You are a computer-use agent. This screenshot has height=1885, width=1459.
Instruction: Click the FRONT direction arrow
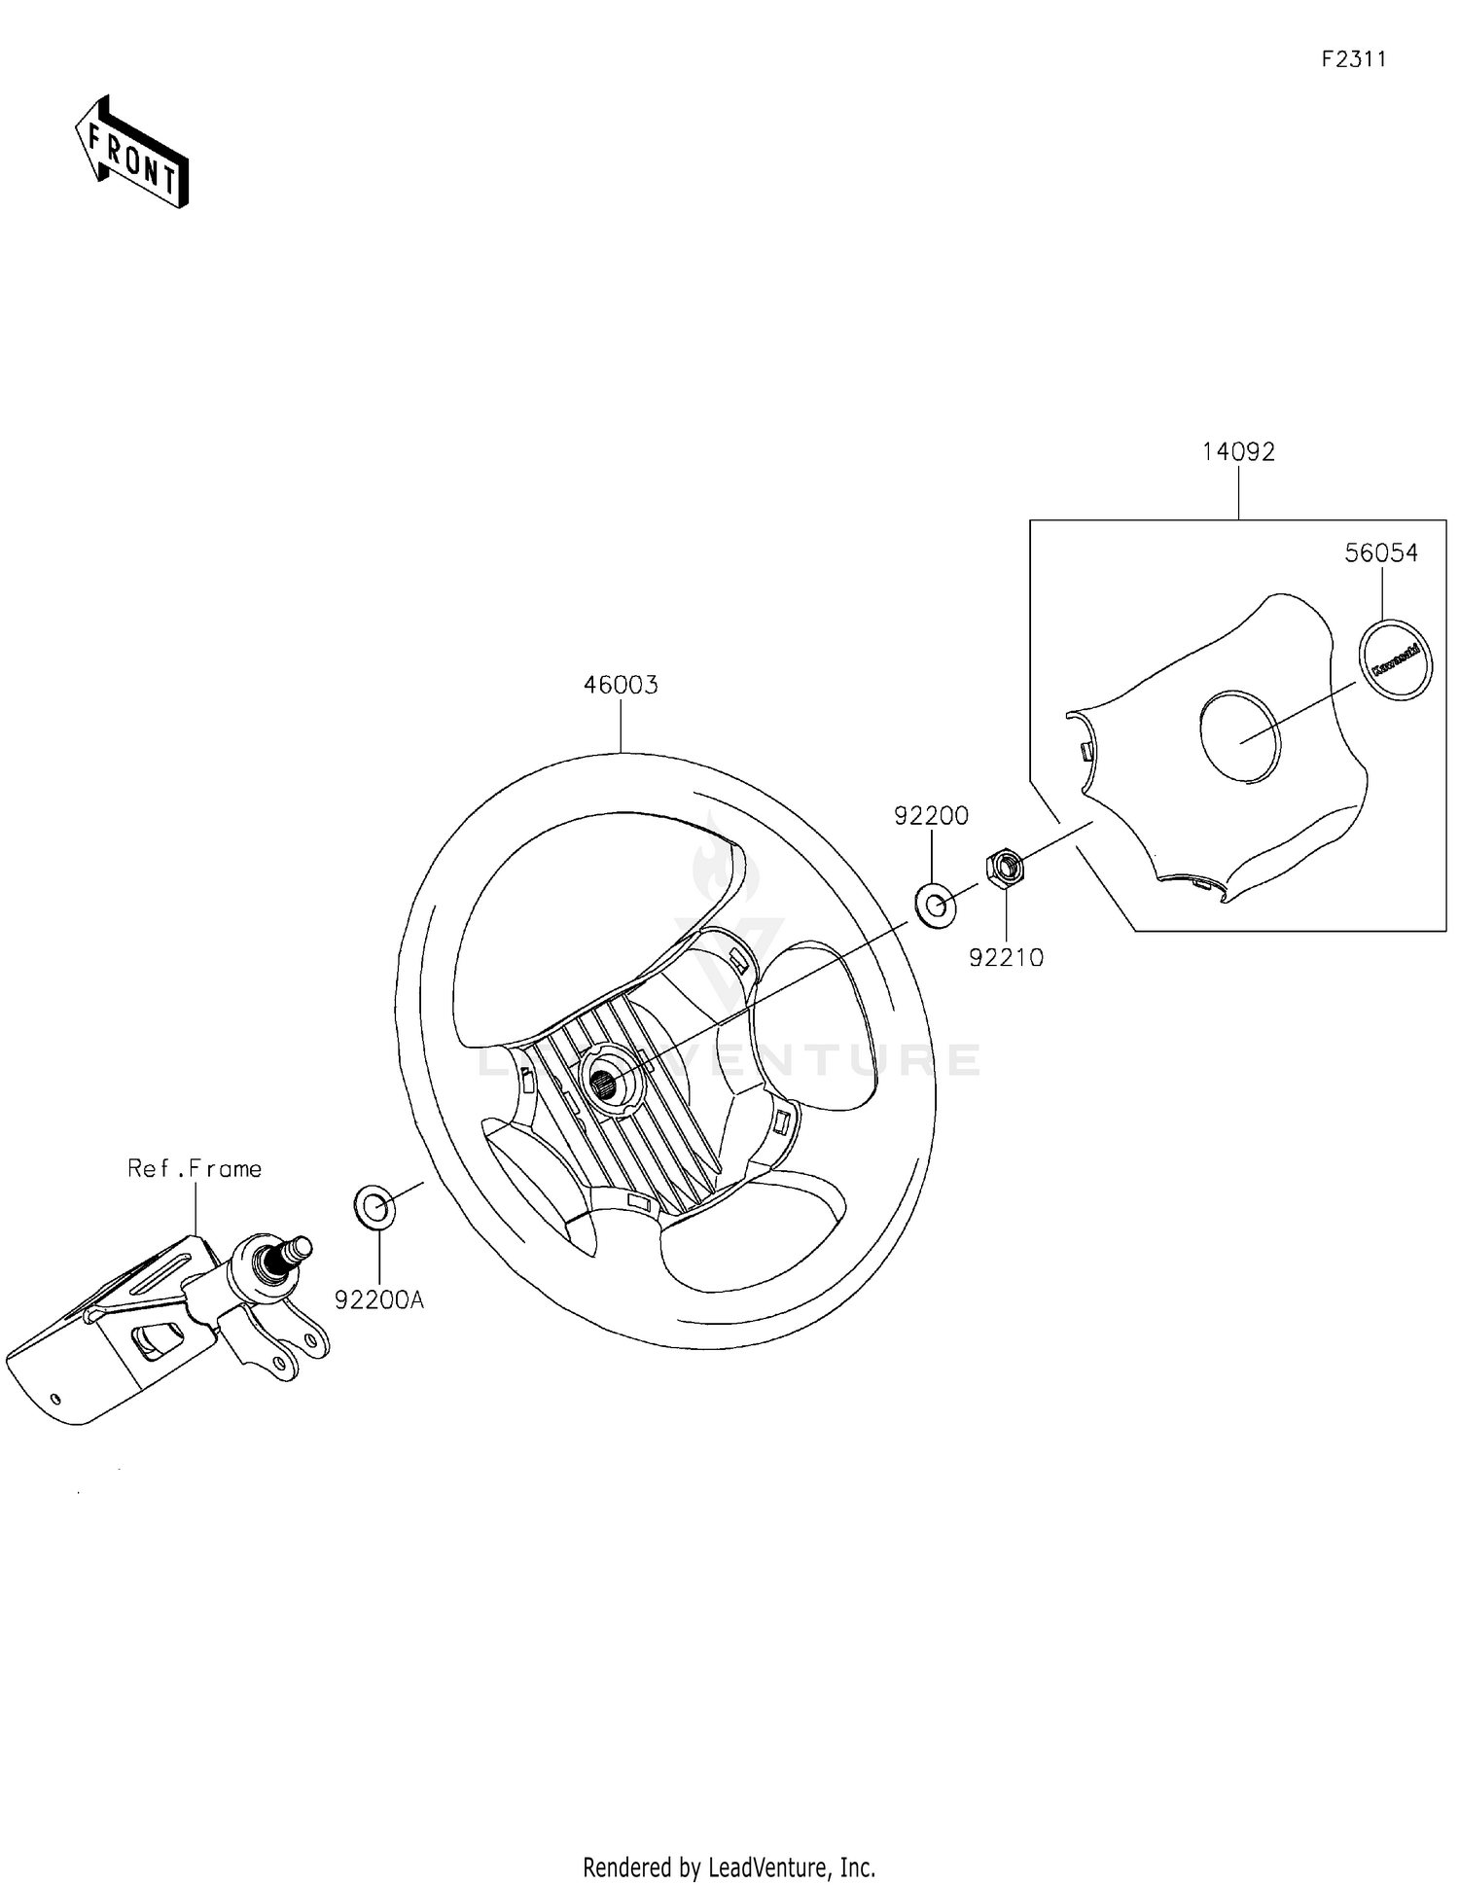click(132, 154)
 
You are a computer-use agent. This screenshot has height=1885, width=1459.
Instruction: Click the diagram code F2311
click(1353, 60)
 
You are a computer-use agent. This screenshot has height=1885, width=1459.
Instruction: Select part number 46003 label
click(621, 686)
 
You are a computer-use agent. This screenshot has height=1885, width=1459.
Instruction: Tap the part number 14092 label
click(1238, 452)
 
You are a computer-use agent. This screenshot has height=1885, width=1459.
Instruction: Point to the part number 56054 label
click(1381, 553)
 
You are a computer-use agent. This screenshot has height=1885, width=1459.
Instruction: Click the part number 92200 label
click(931, 816)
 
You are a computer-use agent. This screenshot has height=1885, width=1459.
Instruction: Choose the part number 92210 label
click(1006, 958)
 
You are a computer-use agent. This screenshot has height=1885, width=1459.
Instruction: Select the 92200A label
click(379, 1299)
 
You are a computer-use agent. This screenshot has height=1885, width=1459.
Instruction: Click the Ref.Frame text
click(195, 1168)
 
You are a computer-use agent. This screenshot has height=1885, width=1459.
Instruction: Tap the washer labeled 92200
click(936, 906)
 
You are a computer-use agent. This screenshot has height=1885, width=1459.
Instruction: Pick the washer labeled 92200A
click(375, 1207)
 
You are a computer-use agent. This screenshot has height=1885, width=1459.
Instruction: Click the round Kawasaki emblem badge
click(1395, 658)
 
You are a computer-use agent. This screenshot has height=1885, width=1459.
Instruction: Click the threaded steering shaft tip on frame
click(299, 1248)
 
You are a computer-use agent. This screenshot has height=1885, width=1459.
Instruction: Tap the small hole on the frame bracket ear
click(313, 1341)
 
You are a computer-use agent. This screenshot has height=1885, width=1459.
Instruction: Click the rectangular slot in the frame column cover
click(156, 1340)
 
